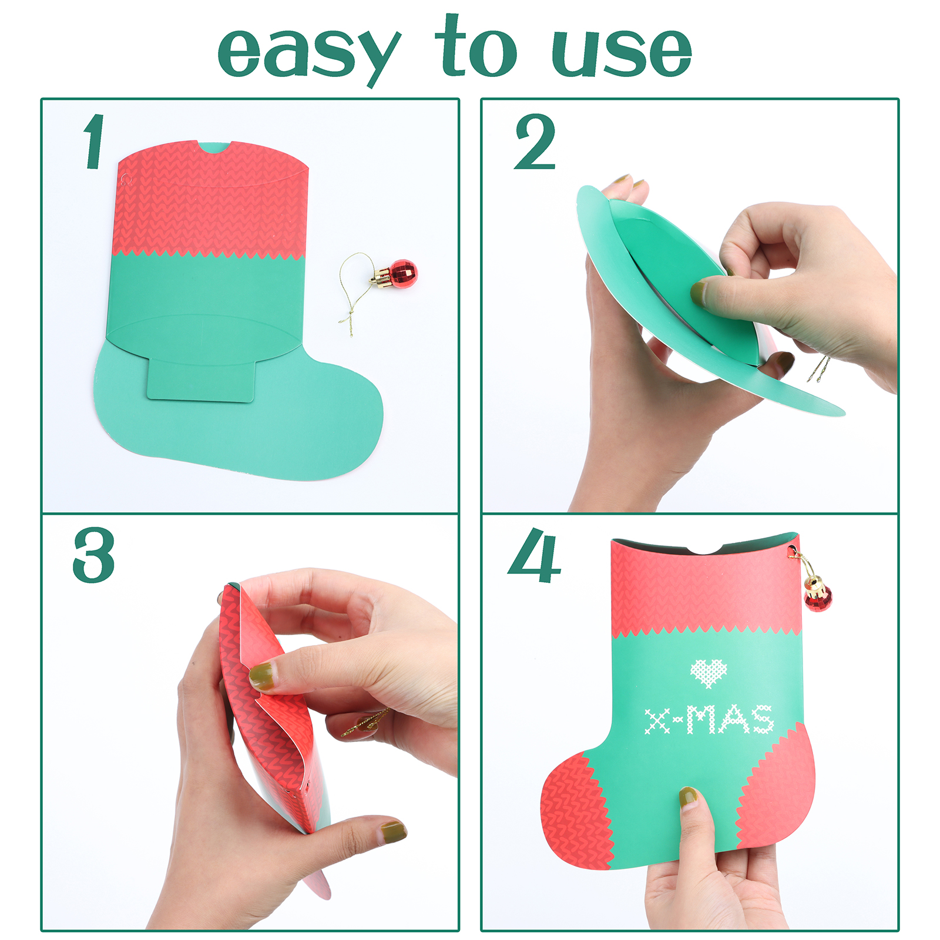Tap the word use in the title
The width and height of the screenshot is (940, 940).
622,52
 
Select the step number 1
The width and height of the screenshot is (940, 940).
94,142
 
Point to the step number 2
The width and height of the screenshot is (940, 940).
535,142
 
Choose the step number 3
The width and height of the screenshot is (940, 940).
94,555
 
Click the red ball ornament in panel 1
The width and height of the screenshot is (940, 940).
402,274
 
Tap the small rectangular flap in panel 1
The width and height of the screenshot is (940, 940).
200,380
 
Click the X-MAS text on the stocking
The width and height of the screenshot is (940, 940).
709,719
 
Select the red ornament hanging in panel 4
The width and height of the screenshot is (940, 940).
817,595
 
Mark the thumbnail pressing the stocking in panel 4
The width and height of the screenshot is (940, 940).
688,797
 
